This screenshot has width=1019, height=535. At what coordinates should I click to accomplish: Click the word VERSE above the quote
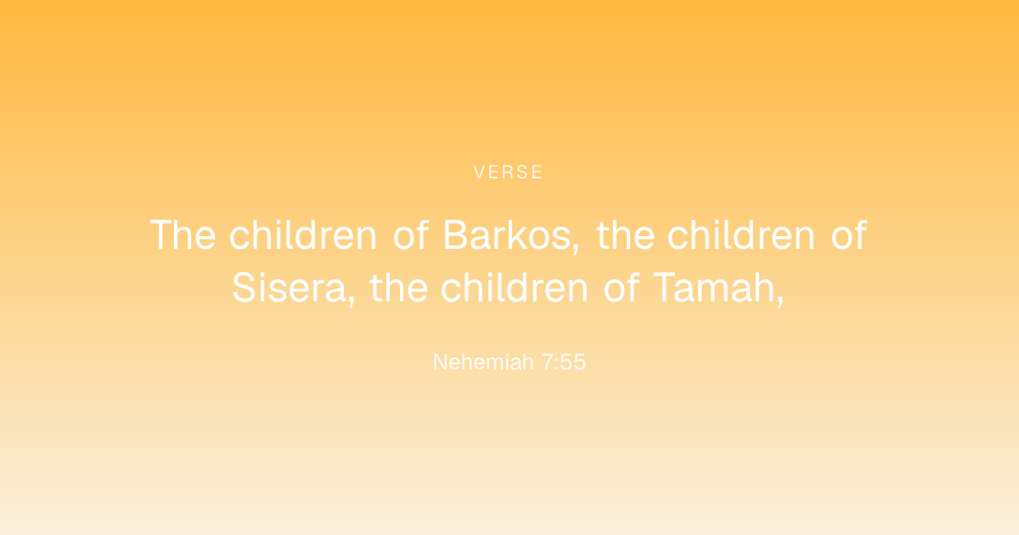point(508,172)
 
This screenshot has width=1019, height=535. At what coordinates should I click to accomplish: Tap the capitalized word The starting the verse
point(183,235)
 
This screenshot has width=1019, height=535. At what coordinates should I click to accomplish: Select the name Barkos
point(507,235)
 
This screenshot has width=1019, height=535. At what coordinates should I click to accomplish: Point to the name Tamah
point(714,288)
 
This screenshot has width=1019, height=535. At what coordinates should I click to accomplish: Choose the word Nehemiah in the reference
point(483,362)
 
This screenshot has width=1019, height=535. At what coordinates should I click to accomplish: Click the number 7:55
point(564,362)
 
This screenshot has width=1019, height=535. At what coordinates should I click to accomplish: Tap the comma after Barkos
point(577,249)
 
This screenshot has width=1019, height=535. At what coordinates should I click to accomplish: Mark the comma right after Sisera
point(352,301)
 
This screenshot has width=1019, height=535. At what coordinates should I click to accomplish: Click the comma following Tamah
point(780,301)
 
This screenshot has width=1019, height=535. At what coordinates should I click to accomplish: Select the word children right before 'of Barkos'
point(303,235)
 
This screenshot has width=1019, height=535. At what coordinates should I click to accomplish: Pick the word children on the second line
point(514,288)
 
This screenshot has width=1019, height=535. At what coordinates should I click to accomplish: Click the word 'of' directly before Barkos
point(411,235)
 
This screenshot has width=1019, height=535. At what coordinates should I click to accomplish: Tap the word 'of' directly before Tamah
point(622,288)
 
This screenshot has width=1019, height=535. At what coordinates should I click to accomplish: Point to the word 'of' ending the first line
point(849,235)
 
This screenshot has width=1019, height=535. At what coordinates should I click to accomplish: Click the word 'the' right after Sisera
point(399,288)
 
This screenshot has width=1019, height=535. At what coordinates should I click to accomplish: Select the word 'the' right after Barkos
point(626,235)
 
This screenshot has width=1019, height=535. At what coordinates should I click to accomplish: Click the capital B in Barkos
point(455,235)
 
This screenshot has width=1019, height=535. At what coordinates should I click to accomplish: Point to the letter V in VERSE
point(479,172)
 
